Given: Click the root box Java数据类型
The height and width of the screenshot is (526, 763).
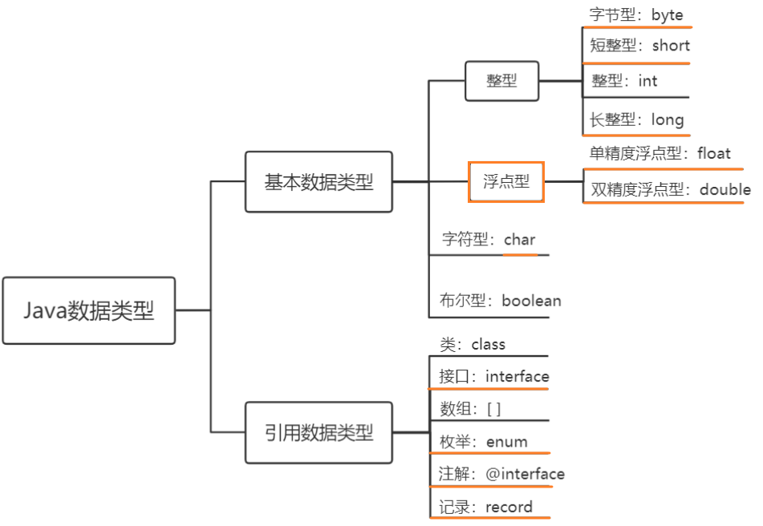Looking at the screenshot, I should tap(88, 310).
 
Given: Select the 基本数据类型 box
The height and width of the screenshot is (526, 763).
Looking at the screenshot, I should tap(319, 182).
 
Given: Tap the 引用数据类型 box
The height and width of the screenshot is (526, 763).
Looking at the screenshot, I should tap(319, 433).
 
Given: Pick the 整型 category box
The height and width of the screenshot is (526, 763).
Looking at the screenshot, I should tap(501, 80).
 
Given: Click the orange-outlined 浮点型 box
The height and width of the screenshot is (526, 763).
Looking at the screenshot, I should tap(506, 182).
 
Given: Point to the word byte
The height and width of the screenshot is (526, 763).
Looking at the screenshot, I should tap(667, 14).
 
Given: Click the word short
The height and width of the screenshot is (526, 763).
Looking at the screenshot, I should tap(671, 46).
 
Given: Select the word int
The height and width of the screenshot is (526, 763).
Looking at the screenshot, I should tap(647, 80).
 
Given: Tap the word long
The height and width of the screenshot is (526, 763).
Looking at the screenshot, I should tap(668, 119).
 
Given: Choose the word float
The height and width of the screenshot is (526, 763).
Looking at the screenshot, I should tap(714, 153).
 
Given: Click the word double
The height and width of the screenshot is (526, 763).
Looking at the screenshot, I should tap(725, 190).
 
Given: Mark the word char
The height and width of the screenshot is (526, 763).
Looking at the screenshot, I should tap(519, 239).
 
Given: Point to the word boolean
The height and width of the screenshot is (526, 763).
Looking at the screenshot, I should tap(531, 301).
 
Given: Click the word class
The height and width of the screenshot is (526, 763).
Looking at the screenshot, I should tap(488, 345).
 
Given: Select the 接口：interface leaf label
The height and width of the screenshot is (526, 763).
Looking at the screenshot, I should tap(493, 376).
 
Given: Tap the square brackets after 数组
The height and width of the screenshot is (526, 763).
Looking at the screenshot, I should tap(493, 409).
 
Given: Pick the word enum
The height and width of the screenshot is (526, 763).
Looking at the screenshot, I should tap(506, 441).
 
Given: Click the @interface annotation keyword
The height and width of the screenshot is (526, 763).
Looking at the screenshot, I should tap(525, 474).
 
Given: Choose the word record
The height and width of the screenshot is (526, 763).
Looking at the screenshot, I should tap(509, 507).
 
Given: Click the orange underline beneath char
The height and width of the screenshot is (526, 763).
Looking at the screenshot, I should tap(520, 254).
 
